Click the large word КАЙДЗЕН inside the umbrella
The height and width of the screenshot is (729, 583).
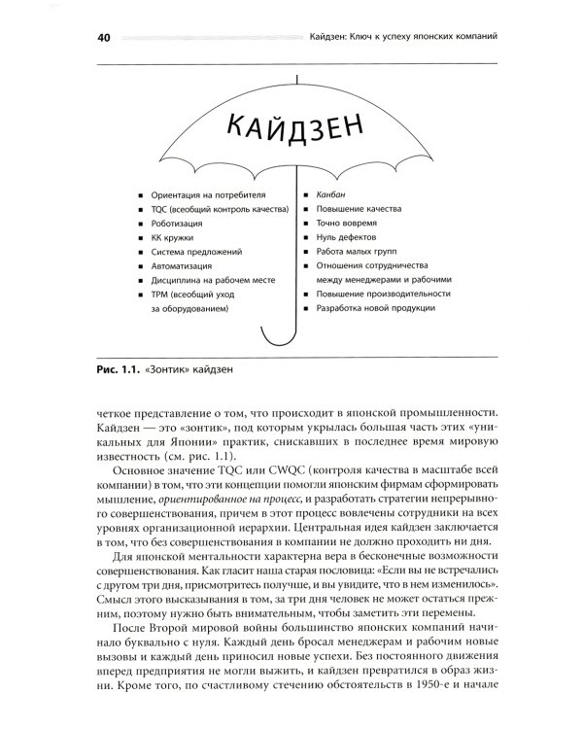[x=291, y=125]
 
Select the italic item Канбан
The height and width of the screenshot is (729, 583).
[x=330, y=194]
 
